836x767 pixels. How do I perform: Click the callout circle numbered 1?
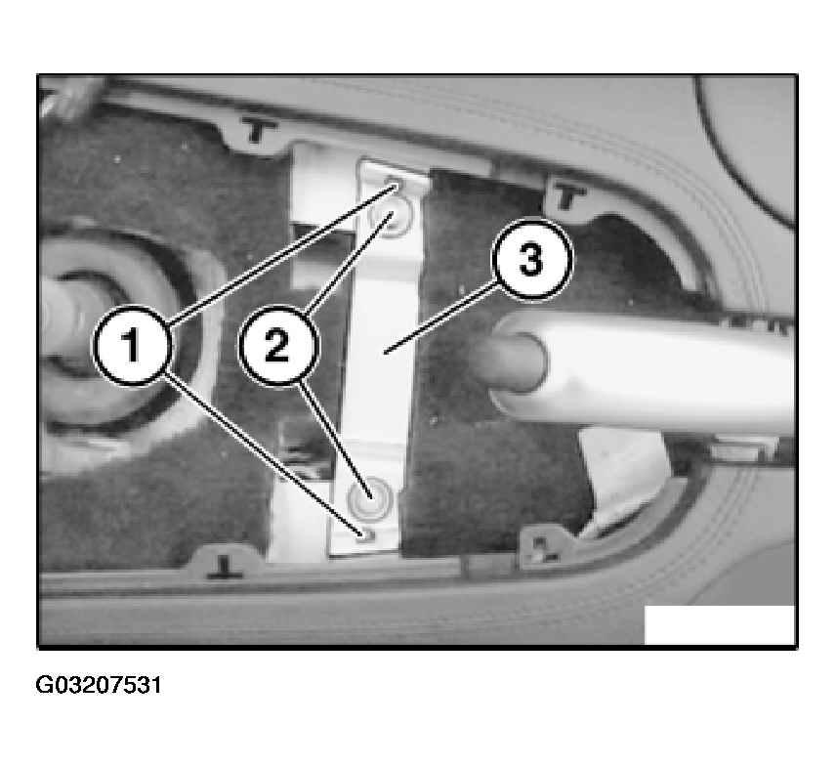pyautogui.click(x=132, y=345)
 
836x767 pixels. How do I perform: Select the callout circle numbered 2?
pyautogui.click(x=277, y=345)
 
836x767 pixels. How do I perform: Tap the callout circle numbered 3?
pyautogui.click(x=531, y=260)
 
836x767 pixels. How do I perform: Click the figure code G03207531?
pyautogui.click(x=98, y=685)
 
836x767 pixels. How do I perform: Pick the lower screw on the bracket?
pyautogui.click(x=370, y=498)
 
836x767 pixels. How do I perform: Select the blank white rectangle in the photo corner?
pyautogui.click(x=719, y=625)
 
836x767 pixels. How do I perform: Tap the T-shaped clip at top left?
pyautogui.click(x=259, y=130)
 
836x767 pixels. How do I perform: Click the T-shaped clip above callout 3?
pyautogui.click(x=568, y=195)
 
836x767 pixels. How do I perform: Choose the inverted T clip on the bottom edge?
pyautogui.click(x=225, y=567)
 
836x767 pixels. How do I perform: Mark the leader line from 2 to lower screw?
pyautogui.click(x=335, y=439)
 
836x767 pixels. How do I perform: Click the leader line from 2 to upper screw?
pyautogui.click(x=351, y=263)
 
